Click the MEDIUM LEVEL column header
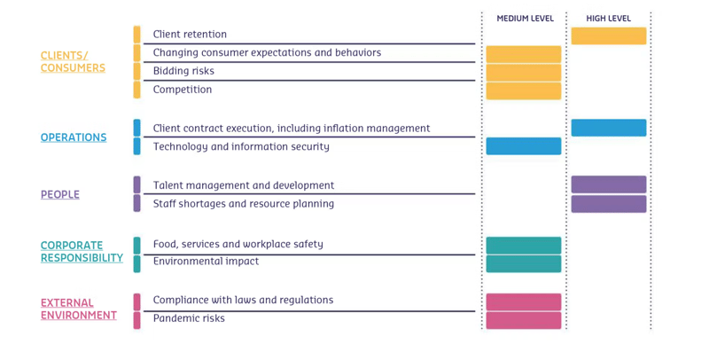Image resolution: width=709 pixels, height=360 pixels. tap(525, 19)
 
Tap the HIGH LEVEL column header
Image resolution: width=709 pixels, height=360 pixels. tap(608, 19)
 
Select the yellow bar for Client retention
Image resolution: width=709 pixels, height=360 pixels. tap(609, 35)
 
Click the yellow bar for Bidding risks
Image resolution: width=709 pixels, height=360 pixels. tap(524, 73)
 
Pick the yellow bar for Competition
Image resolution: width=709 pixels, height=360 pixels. tap(524, 90)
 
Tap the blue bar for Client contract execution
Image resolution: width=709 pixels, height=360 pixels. tap(609, 128)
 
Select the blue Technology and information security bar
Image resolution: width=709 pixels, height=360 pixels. tap(524, 146)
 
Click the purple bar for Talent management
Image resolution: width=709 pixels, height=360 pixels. tap(609, 184)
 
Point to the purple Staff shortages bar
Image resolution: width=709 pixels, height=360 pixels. tap(609, 204)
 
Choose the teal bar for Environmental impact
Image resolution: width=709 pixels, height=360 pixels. tap(524, 263)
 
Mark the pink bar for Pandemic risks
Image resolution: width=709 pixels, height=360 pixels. tap(524, 320)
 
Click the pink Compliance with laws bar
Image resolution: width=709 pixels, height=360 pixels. tap(524, 301)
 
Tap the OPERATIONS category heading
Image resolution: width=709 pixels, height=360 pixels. tap(74, 137)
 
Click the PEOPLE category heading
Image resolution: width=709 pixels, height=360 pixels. tap(60, 194)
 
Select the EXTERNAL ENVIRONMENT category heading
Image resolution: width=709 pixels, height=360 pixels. tap(79, 309)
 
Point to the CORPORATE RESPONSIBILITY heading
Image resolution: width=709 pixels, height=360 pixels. tap(82, 252)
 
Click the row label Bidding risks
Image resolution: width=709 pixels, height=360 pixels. tap(183, 71)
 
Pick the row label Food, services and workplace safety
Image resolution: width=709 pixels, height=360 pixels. tap(238, 244)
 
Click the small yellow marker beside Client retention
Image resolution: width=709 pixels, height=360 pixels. tap(136, 35)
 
